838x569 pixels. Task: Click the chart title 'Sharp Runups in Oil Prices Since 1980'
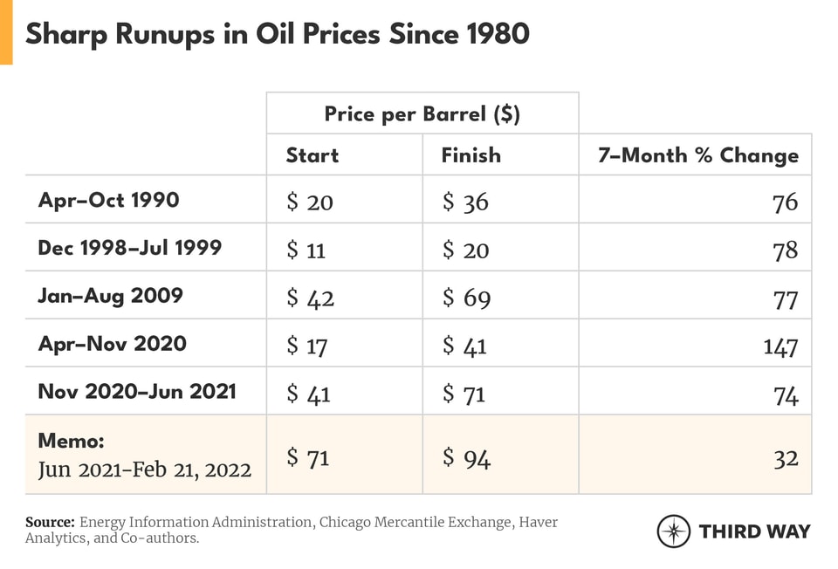pyautogui.click(x=277, y=34)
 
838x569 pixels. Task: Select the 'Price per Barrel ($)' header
pyautogui.click(x=422, y=114)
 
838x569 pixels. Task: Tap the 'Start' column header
pyautogui.click(x=313, y=155)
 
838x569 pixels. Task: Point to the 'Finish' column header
pyautogui.click(x=471, y=155)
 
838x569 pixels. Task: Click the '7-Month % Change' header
pyautogui.click(x=697, y=155)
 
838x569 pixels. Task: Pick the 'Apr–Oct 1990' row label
pyautogui.click(x=108, y=200)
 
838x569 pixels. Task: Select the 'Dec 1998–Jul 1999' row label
pyautogui.click(x=129, y=248)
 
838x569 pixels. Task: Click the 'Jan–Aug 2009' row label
pyautogui.click(x=110, y=296)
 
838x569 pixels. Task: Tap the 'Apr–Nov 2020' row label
pyautogui.click(x=112, y=344)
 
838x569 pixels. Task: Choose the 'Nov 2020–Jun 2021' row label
pyautogui.click(x=136, y=391)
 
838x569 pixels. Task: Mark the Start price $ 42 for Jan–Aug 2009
pyautogui.click(x=310, y=298)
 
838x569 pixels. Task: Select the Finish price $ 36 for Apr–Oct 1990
pyautogui.click(x=465, y=202)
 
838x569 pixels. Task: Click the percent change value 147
pyautogui.click(x=780, y=346)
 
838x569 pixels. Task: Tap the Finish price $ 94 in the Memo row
pyautogui.click(x=466, y=456)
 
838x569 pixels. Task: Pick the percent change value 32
pyautogui.click(x=786, y=456)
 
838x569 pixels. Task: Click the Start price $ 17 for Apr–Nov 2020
pyautogui.click(x=307, y=346)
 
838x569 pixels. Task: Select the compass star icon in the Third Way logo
pyautogui.click(x=674, y=531)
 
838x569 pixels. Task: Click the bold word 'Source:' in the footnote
pyautogui.click(x=50, y=522)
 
